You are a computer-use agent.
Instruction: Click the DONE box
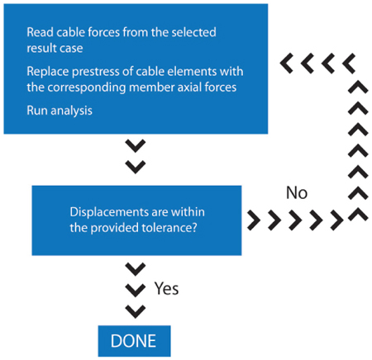pyautogui.click(x=134, y=341)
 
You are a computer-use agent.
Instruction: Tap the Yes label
pyautogui.click(x=166, y=289)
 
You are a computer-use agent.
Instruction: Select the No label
pyautogui.click(x=297, y=192)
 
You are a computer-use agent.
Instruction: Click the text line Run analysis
pyautogui.click(x=60, y=111)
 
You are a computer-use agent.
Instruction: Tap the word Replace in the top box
pyautogui.click(x=48, y=72)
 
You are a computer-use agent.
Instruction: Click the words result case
pyautogui.click(x=55, y=48)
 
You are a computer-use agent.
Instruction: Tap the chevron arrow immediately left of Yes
pyautogui.click(x=136, y=290)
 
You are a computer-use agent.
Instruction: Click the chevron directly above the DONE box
pyautogui.click(x=136, y=311)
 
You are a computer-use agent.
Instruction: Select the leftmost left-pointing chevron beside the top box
pyautogui.click(x=286, y=64)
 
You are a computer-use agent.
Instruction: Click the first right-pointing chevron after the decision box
pyautogui.click(x=254, y=220)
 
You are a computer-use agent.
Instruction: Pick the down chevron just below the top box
pyautogui.click(x=136, y=146)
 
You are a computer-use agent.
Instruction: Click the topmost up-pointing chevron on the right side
pyautogui.click(x=358, y=87)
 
